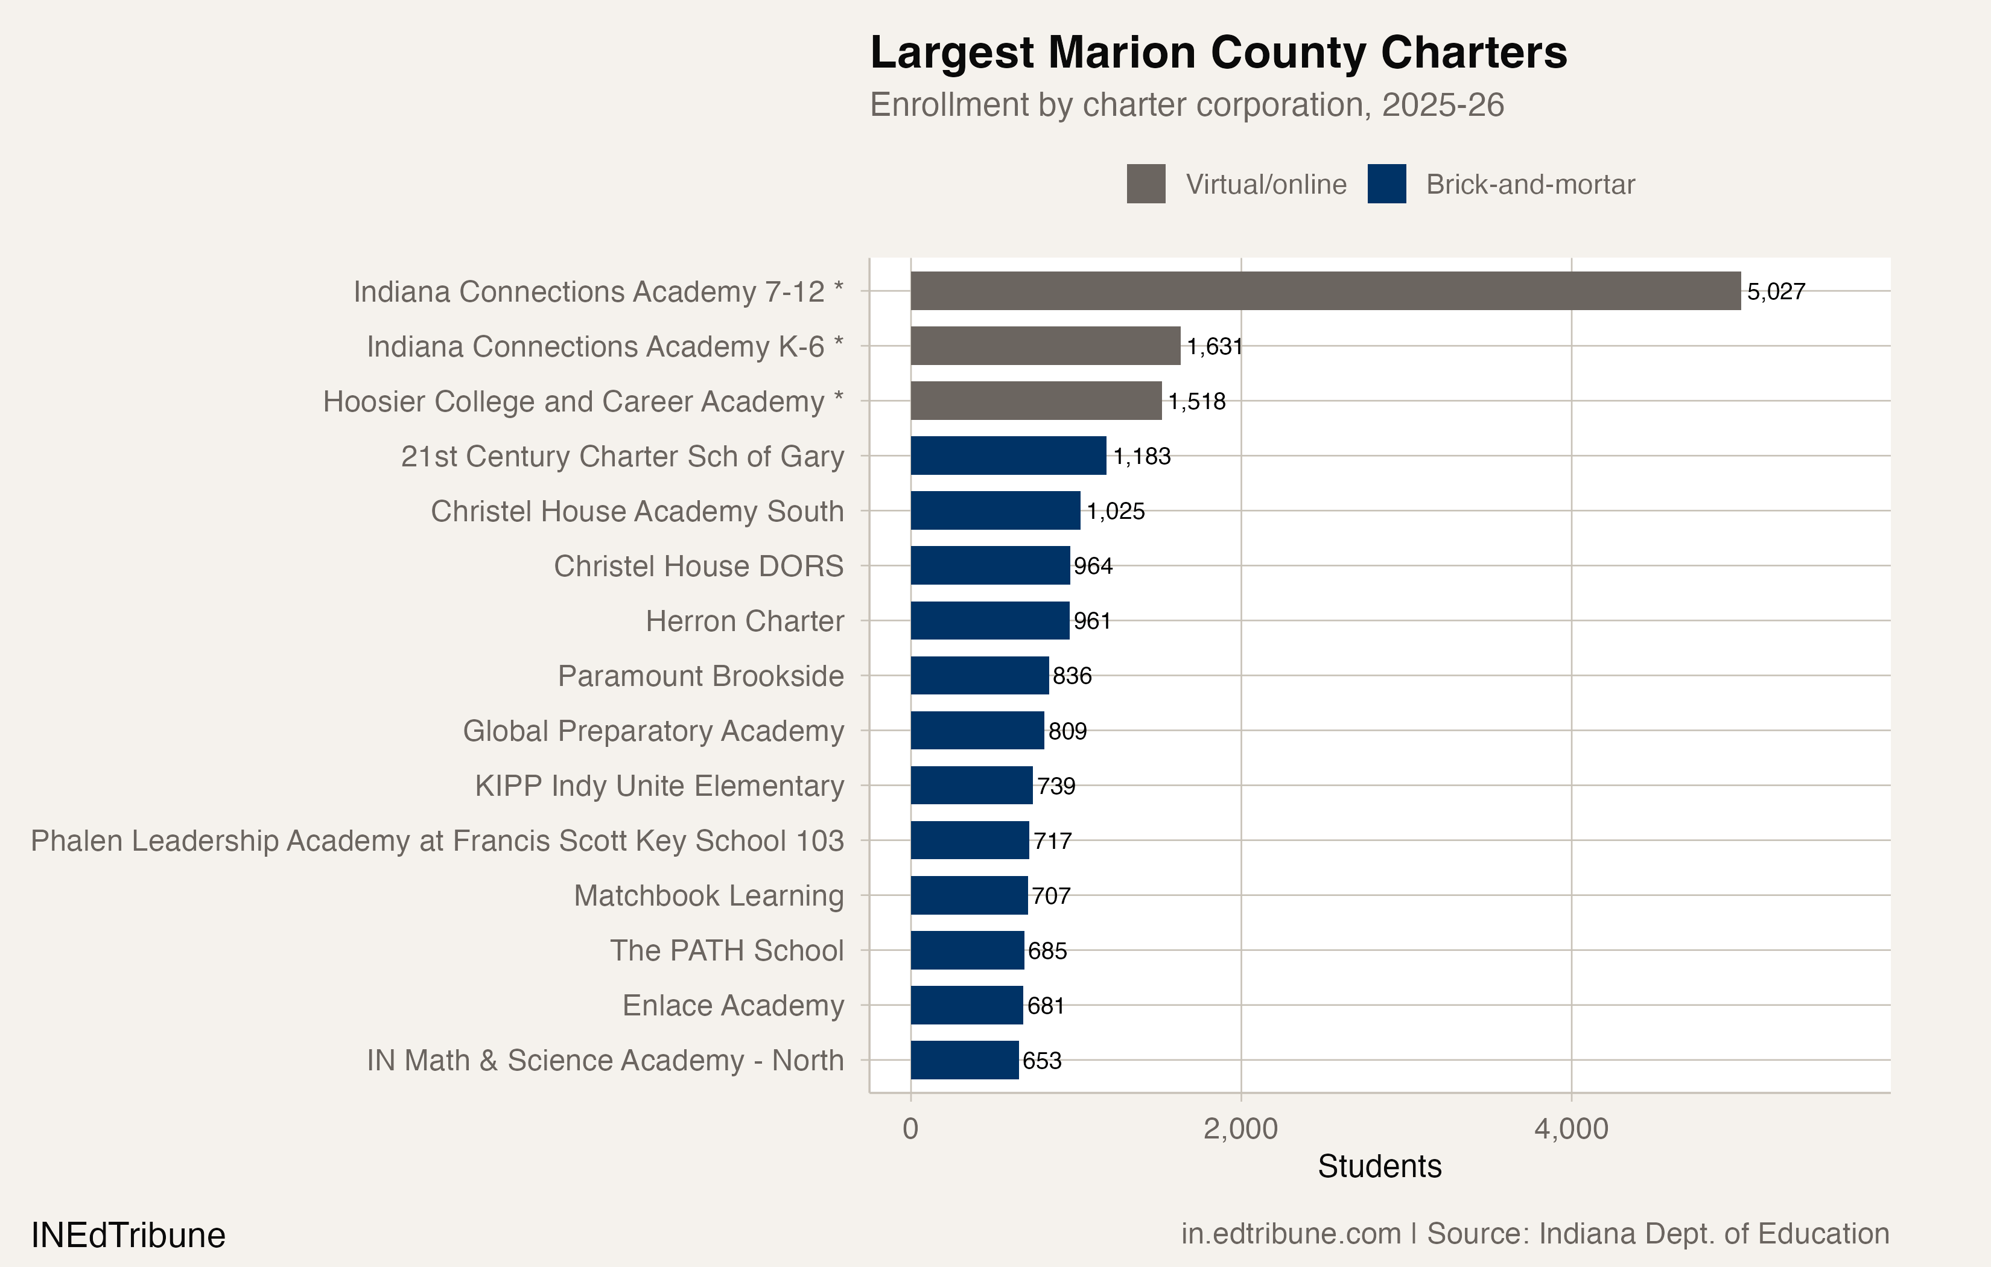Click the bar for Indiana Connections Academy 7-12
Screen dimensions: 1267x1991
tap(1326, 291)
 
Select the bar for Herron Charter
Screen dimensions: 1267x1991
tap(989, 620)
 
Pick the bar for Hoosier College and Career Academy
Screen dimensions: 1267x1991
tap(1036, 401)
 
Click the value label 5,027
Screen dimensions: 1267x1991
tap(1776, 292)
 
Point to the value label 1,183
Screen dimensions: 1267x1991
tap(1142, 457)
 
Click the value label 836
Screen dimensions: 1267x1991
tap(1072, 676)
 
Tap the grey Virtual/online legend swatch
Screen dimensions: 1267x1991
tap(1146, 183)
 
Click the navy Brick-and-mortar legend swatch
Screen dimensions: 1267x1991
tap(1386, 183)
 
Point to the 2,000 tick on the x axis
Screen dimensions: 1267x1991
tap(1240, 1129)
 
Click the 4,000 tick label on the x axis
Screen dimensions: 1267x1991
tap(1571, 1129)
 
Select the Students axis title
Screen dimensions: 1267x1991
tap(1379, 1166)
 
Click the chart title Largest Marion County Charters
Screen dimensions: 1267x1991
tap(1218, 53)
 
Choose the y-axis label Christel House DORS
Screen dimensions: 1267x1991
tap(699, 567)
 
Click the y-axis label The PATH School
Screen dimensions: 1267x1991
tap(727, 950)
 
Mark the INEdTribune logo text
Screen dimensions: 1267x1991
tap(128, 1235)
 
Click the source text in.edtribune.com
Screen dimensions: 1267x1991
tap(1290, 1233)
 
